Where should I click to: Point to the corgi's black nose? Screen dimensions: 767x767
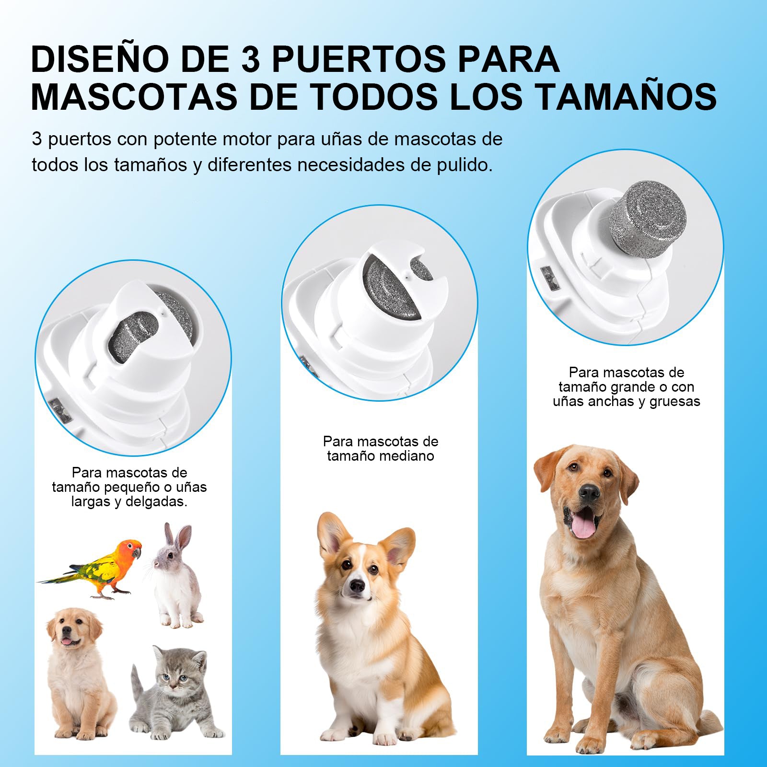click(356, 585)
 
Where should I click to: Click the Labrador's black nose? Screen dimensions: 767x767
click(589, 492)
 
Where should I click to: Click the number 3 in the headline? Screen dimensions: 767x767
click(250, 59)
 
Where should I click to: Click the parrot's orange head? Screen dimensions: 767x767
click(130, 549)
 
